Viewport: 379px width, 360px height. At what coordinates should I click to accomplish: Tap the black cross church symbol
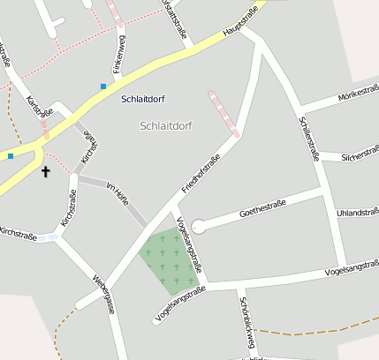point(45,171)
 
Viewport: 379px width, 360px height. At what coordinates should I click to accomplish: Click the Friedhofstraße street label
point(200,175)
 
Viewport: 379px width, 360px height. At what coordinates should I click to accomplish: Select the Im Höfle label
point(117,194)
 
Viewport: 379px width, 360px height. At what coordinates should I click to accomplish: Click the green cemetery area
point(169,260)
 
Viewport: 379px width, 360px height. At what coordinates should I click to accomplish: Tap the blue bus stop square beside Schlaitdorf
point(103,86)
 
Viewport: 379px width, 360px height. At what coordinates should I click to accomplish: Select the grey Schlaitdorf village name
point(165,126)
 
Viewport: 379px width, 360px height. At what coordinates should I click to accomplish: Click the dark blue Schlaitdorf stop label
point(145,98)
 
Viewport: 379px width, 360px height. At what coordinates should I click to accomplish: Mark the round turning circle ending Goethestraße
point(198,227)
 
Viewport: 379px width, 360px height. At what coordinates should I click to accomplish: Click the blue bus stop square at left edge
point(11,156)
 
